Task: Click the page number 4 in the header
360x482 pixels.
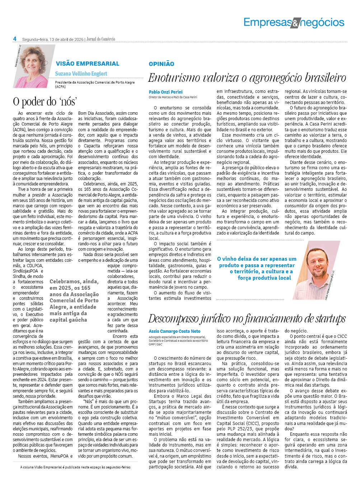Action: point(15,39)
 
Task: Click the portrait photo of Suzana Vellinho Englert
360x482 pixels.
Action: point(32,67)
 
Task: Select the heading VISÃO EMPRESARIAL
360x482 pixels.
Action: point(87,63)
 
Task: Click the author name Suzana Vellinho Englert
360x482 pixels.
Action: point(81,74)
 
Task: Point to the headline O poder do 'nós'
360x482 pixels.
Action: point(45,101)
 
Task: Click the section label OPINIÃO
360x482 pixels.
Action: point(162,64)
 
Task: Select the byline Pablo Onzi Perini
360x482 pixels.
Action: point(166,92)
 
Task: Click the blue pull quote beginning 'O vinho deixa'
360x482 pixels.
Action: point(257,268)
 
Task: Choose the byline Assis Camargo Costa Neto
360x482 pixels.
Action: point(174,331)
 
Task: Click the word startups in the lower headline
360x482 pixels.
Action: point(327,318)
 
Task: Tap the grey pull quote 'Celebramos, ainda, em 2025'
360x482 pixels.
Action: point(75,301)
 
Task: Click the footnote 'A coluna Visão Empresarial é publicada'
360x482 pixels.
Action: point(75,467)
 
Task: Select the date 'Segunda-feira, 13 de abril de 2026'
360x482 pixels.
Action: point(53,39)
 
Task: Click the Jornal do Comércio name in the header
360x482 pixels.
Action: point(101,39)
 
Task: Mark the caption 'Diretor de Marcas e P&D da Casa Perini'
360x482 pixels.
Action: point(173,97)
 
